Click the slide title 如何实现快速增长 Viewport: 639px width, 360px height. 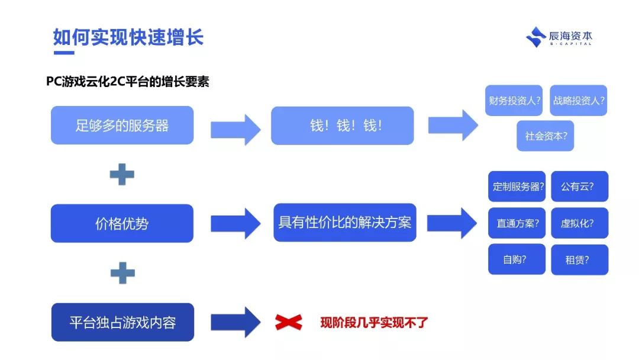pyautogui.click(x=128, y=37)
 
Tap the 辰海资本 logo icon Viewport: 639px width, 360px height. pyautogui.click(x=536, y=37)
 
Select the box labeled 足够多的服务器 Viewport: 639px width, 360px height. pyautogui.click(x=122, y=126)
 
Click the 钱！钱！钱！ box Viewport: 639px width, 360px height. pyautogui.click(x=342, y=126)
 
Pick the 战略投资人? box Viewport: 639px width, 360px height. pyautogui.click(x=579, y=101)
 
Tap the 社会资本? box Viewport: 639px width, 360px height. pyautogui.click(x=546, y=136)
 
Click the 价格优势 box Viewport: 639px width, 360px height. pyautogui.click(x=122, y=224)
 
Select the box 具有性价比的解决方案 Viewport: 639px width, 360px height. pyautogui.click(x=344, y=223)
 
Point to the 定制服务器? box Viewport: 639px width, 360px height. pyautogui.click(x=517, y=187)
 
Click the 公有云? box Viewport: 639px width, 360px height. pyautogui.click(x=579, y=187)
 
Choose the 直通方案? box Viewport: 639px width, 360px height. pyautogui.click(x=517, y=223)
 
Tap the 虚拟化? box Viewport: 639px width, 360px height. pyautogui.click(x=579, y=223)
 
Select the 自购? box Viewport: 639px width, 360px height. pyautogui.click(x=517, y=259)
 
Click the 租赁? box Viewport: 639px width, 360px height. pyautogui.click(x=579, y=259)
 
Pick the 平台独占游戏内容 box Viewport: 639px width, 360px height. pyautogui.click(x=122, y=323)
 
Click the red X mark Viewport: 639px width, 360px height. pyautogui.click(x=289, y=322)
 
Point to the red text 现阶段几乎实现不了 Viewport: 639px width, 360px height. pyautogui.click(x=373, y=323)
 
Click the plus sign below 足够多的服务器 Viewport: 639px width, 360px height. pyautogui.click(x=122, y=175)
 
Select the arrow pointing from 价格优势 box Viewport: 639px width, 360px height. pyautogui.click(x=235, y=223)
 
